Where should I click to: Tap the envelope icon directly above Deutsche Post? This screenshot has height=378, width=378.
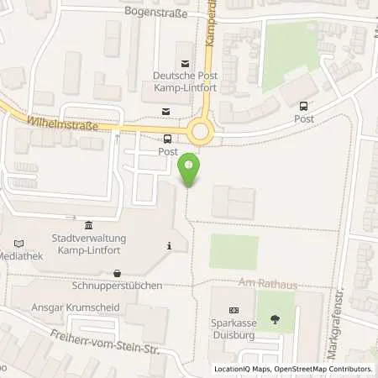(x=185, y=61)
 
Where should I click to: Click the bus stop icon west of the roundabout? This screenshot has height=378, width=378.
(x=168, y=139)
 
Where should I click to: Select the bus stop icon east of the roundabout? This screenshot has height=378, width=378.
(x=303, y=106)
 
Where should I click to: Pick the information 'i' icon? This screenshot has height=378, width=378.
(x=170, y=246)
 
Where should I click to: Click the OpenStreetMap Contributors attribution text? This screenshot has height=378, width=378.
(x=323, y=369)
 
